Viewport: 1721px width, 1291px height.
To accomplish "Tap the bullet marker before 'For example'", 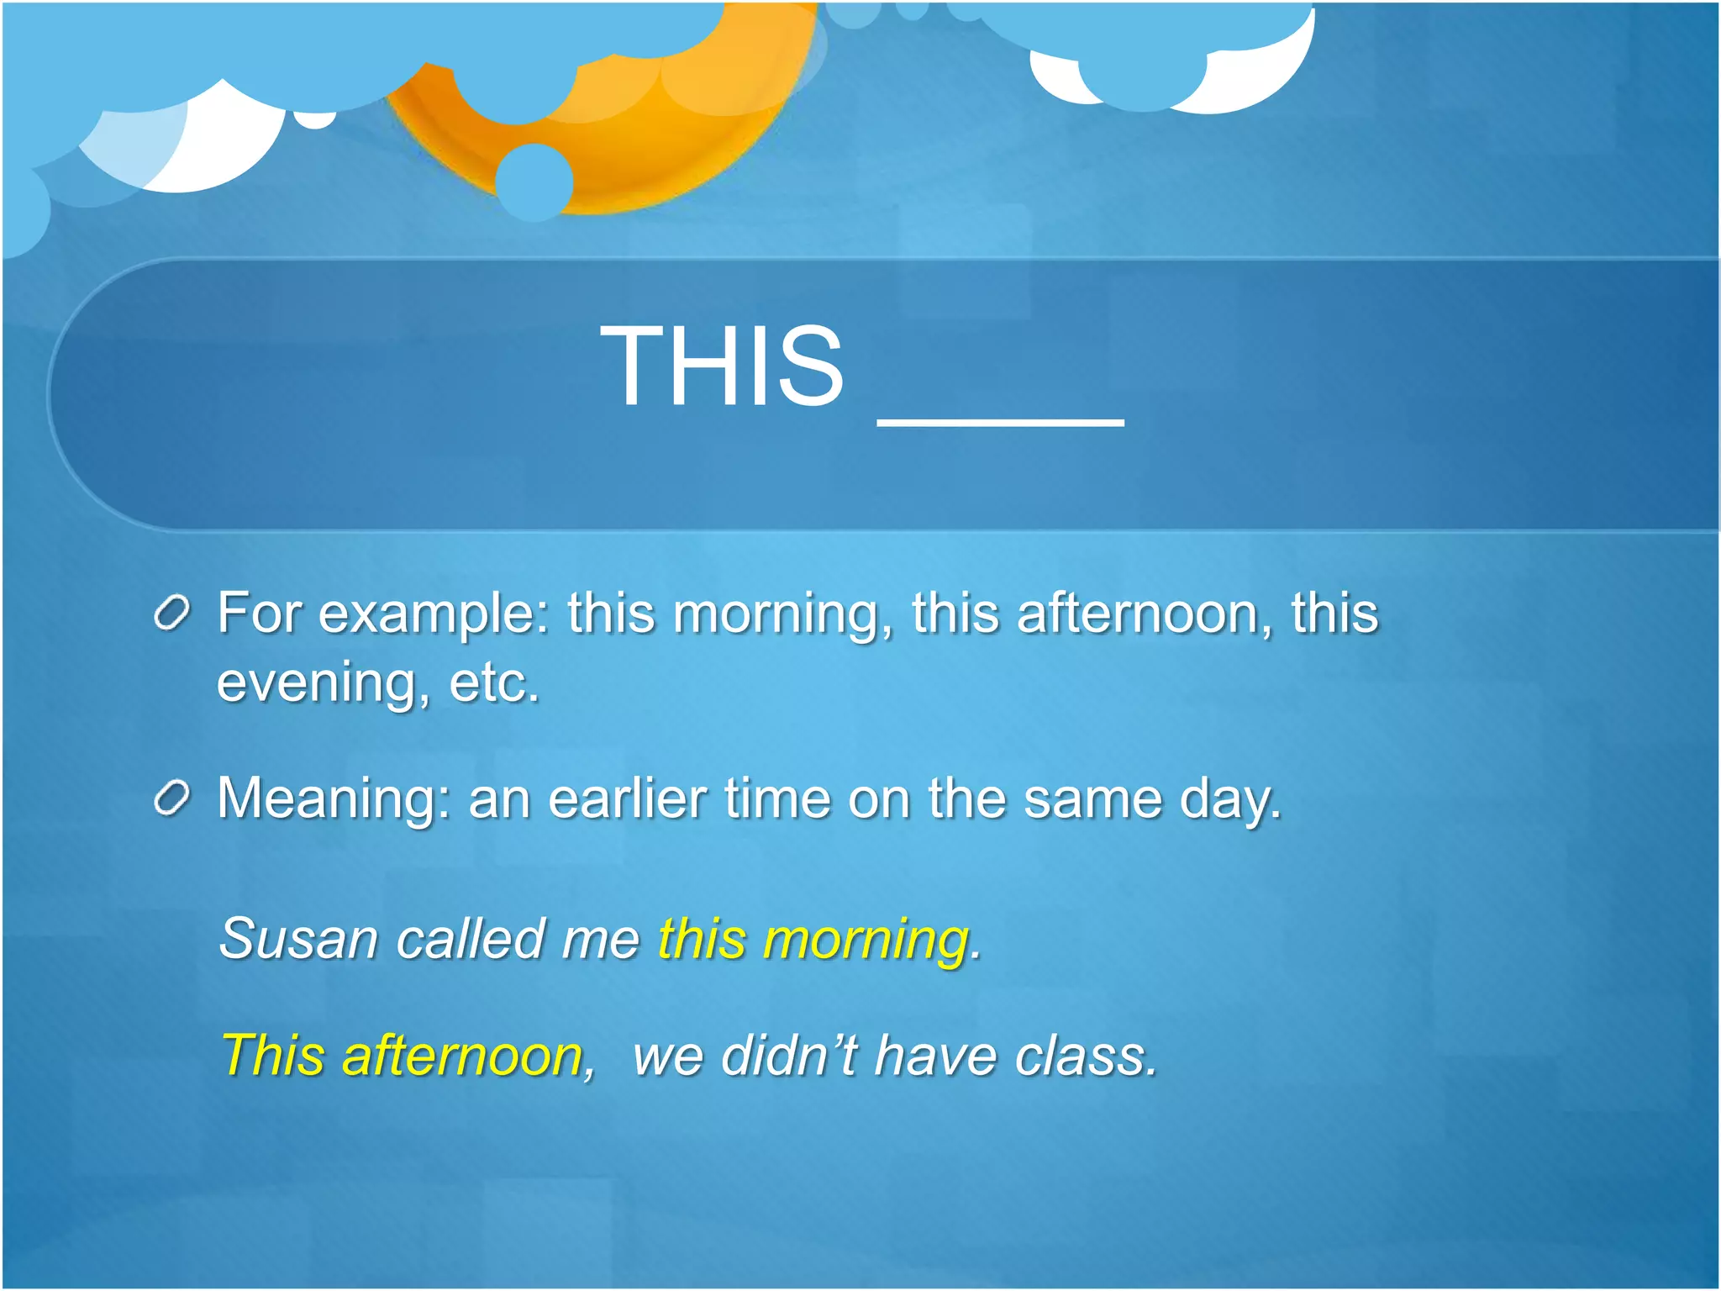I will click(173, 614).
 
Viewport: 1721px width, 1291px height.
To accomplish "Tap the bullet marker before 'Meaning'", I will click(173, 798).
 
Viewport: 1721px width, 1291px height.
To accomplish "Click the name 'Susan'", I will click(298, 939).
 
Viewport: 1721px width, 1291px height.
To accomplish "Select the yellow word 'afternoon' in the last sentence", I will click(463, 1056).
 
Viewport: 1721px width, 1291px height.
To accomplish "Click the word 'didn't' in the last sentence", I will click(790, 1056).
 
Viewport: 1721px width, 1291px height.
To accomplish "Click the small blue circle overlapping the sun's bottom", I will click(534, 182).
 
